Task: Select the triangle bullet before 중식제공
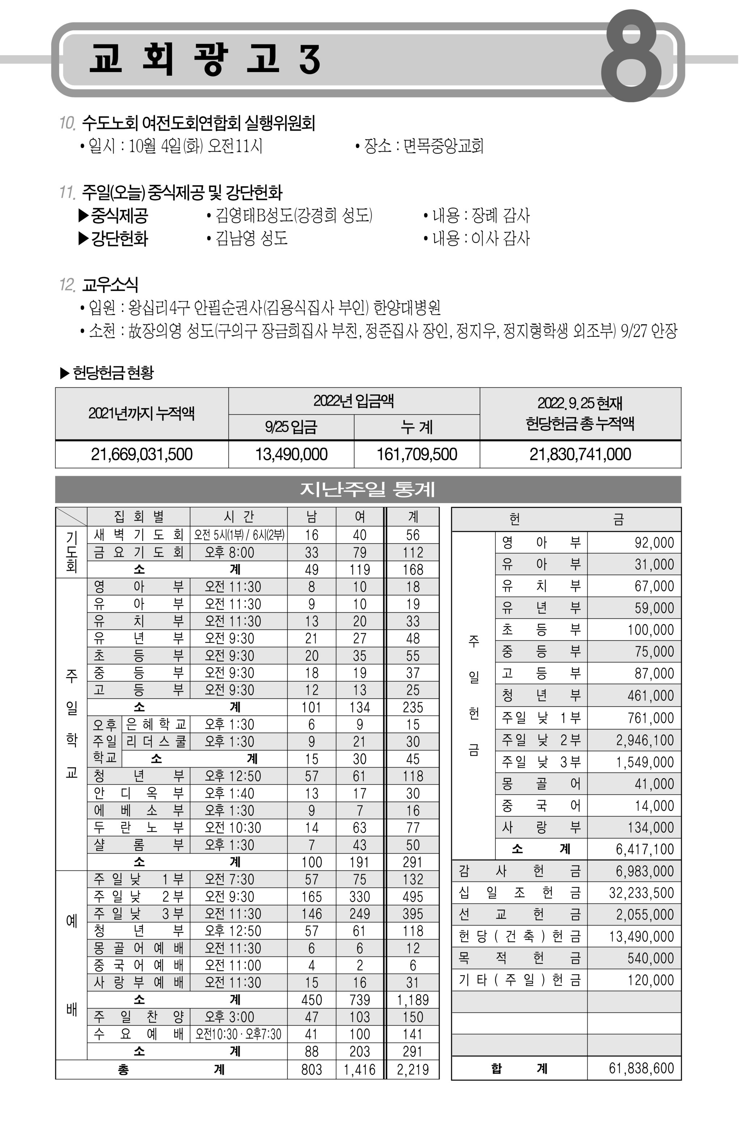click(84, 215)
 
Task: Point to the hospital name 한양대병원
click(407, 308)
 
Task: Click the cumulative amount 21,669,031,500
click(141, 454)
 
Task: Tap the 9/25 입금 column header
click(291, 427)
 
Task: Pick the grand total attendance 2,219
click(412, 1069)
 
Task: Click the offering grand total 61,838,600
click(641, 1068)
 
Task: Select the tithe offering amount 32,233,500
click(641, 892)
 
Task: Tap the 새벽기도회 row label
click(139, 535)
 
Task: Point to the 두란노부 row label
click(139, 827)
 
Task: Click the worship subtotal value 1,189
click(412, 1000)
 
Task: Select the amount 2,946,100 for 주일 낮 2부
click(644, 740)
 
